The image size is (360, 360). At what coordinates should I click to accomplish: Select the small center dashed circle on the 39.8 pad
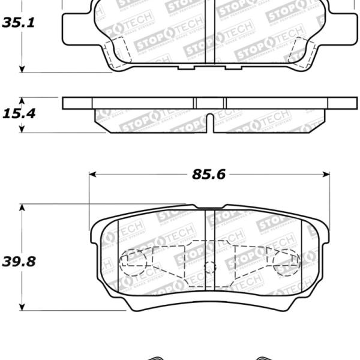tap(209, 268)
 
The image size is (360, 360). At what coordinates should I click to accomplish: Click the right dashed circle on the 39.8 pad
tap(286, 262)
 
